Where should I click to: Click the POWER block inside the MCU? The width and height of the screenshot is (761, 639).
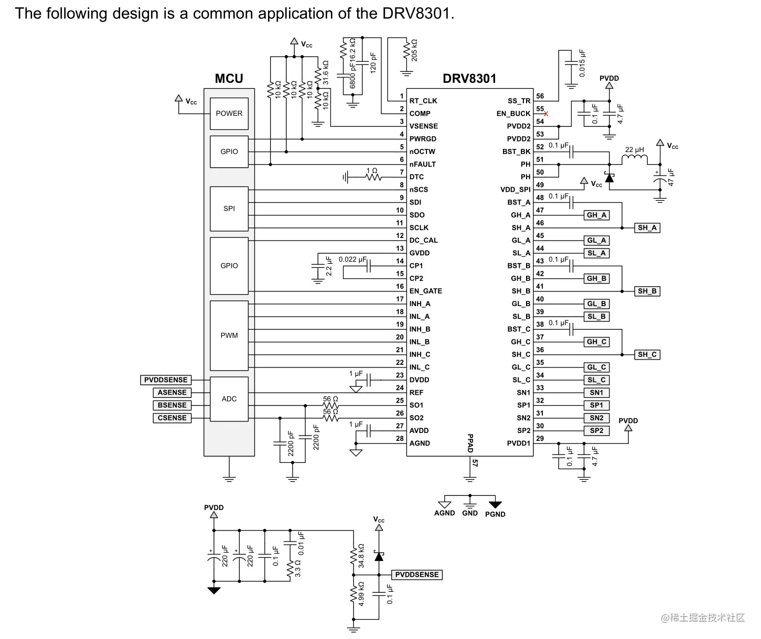point(229,113)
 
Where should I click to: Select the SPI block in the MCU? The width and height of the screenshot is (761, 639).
point(229,209)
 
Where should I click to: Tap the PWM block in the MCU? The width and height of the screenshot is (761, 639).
point(229,335)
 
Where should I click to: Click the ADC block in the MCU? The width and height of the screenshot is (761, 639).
point(229,398)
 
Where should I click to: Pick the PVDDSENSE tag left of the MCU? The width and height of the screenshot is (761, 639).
point(165,380)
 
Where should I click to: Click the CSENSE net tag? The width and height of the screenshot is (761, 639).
point(172,418)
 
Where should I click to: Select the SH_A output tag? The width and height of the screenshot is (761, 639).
point(647,228)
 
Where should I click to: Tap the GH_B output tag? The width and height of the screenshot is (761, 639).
point(596,278)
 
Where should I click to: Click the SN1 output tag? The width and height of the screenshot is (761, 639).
point(596,392)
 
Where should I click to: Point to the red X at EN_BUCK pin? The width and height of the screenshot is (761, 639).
point(545,114)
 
